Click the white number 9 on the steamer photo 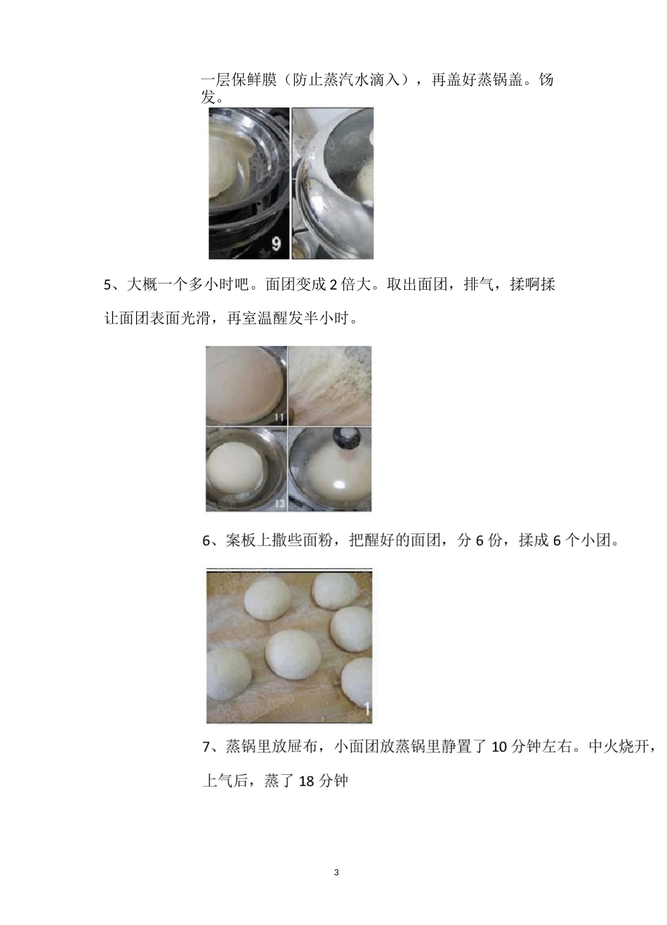pyautogui.click(x=276, y=244)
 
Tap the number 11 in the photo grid pyautogui.click(x=279, y=418)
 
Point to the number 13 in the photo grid pyautogui.click(x=279, y=503)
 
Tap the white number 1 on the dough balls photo pyautogui.click(x=365, y=709)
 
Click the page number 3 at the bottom pyautogui.click(x=336, y=872)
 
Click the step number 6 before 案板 pyautogui.click(x=206, y=541)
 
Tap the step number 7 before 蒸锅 pyautogui.click(x=206, y=747)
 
